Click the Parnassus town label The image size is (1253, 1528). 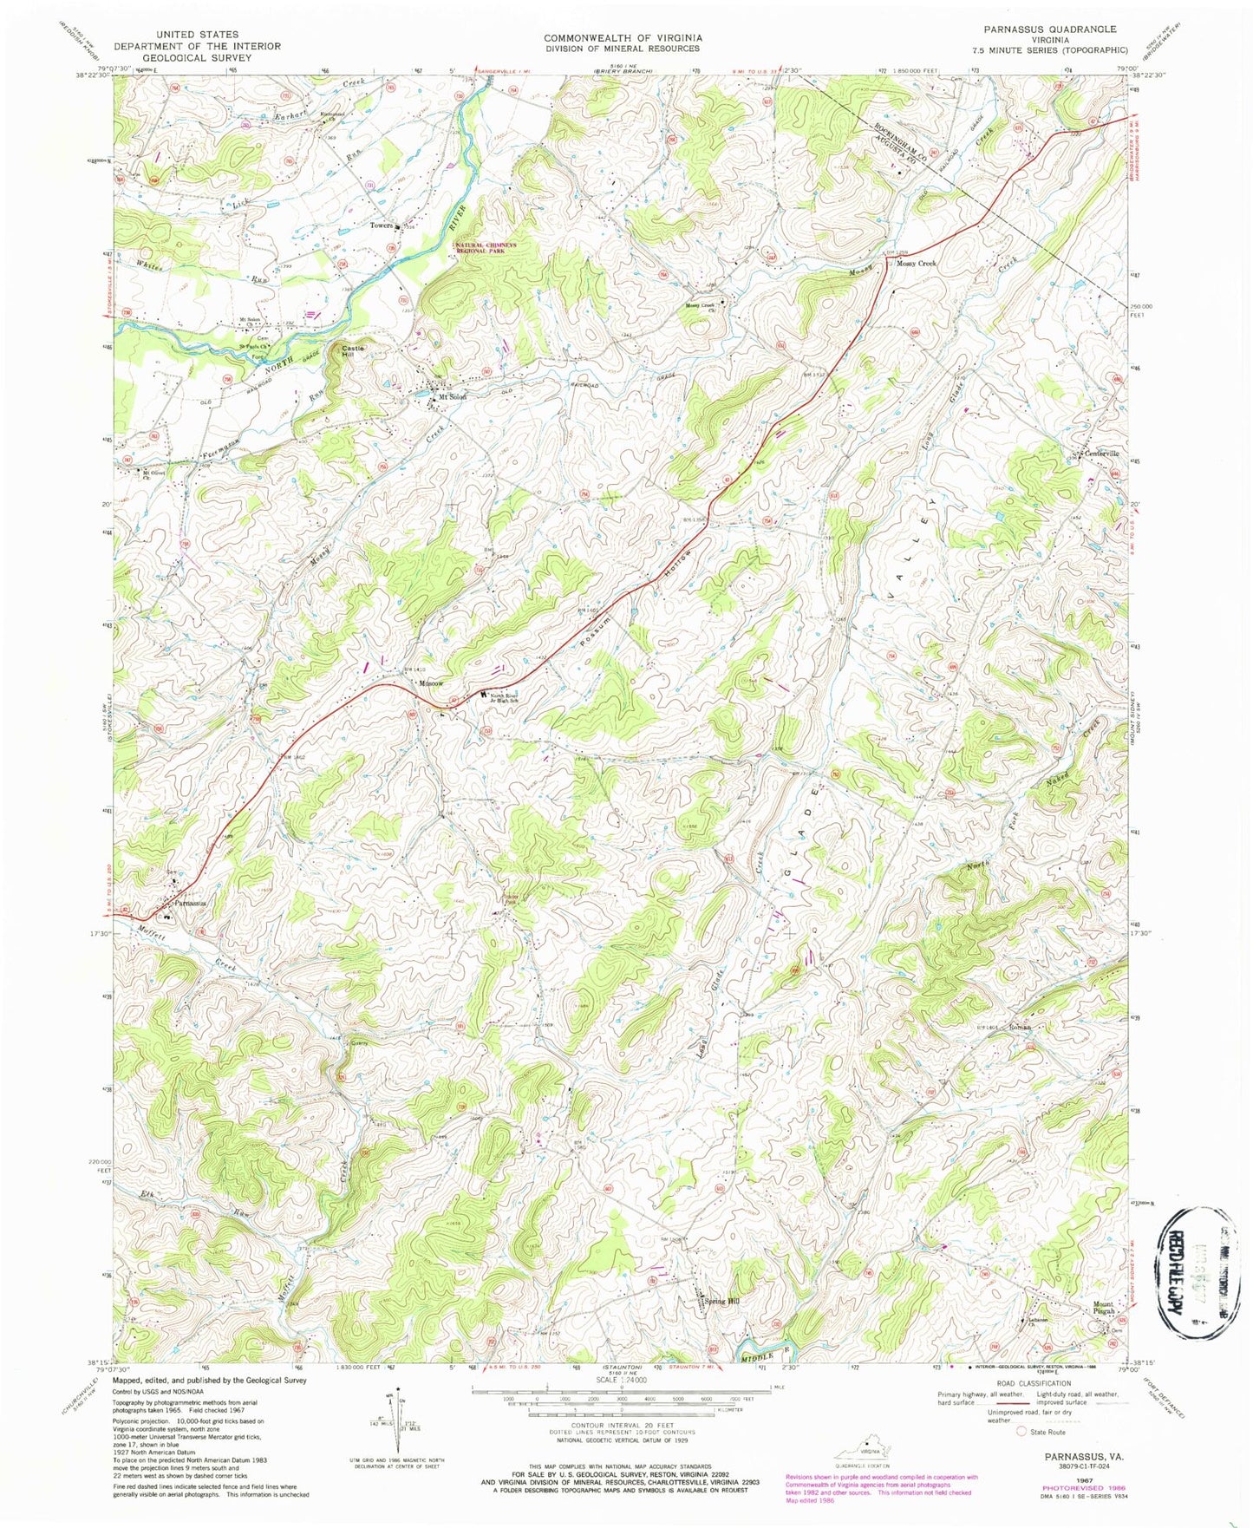pos(190,903)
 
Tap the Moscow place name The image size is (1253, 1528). pos(431,684)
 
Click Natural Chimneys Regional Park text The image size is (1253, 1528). pos(486,247)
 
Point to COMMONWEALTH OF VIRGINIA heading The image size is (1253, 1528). pos(622,38)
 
